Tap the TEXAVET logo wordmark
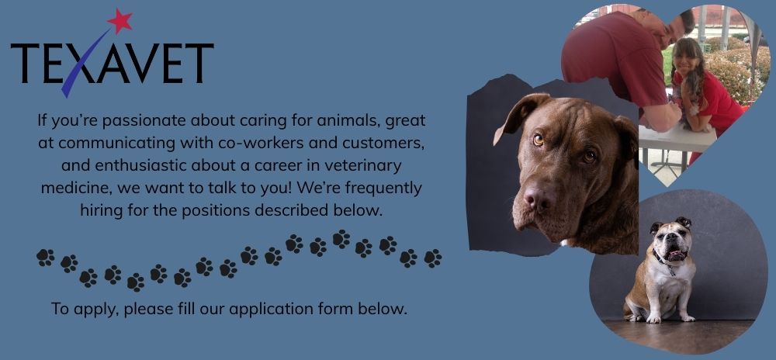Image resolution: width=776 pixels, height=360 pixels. (x=112, y=64)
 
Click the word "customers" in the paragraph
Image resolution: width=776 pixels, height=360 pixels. (x=385, y=143)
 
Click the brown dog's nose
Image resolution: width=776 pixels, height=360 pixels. (x=538, y=197)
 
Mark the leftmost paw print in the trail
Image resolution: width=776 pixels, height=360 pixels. (x=45, y=257)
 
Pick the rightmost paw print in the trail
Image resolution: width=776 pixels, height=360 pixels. (x=433, y=258)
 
